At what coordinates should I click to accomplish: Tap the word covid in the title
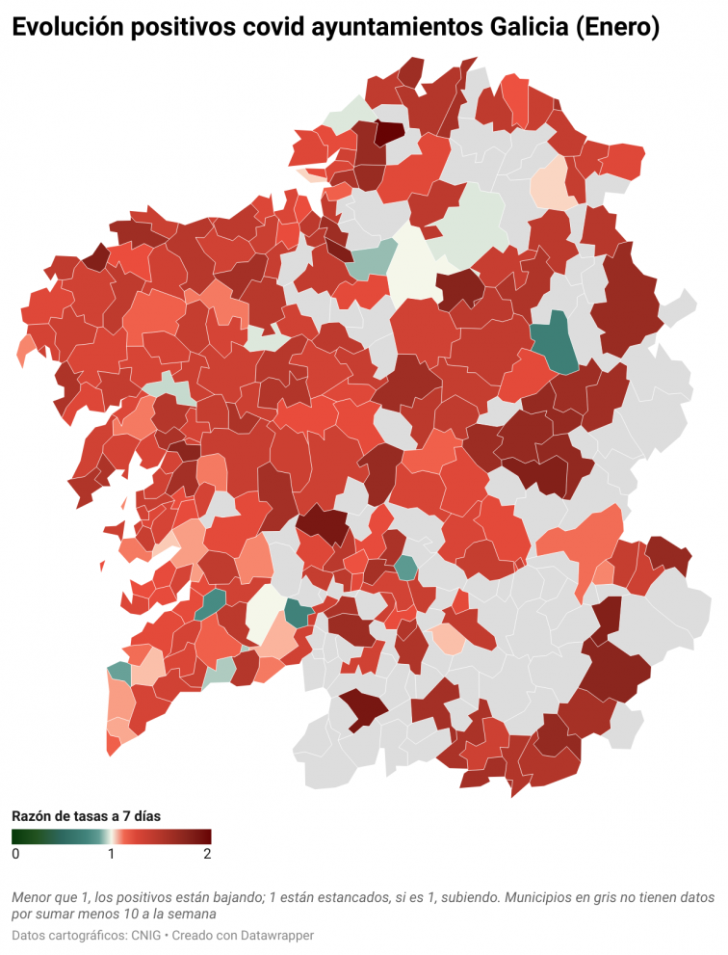265,29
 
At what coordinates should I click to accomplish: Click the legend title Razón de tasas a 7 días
86,815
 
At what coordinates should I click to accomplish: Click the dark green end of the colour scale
17,836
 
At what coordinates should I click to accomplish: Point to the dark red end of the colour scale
205,836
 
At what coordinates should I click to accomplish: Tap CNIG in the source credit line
145,935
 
